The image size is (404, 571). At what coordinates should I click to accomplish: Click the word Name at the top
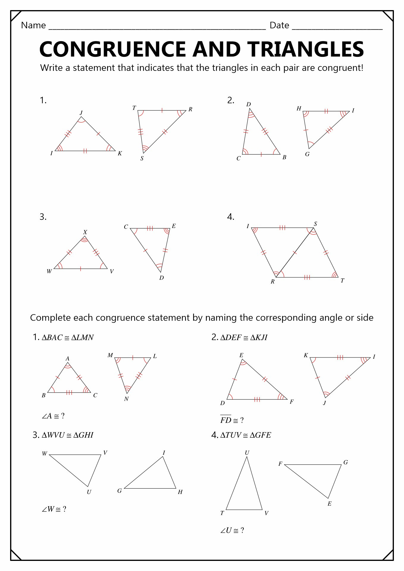33,26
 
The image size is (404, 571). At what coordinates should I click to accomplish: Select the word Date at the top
279,26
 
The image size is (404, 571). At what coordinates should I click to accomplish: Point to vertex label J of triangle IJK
81,113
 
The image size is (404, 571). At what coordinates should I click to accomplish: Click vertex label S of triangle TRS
142,159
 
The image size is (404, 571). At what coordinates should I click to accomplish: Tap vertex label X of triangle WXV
85,232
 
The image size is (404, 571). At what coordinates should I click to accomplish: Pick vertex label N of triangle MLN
126,399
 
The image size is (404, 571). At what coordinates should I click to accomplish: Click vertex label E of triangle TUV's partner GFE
329,503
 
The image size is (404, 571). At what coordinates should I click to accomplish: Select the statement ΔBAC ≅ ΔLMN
68,338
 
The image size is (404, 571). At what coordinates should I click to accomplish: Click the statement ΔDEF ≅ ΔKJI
244,338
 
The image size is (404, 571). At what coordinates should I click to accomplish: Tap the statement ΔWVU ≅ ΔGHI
68,435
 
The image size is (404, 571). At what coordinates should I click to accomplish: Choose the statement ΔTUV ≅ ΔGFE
245,435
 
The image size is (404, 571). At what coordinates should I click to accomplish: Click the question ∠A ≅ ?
53,416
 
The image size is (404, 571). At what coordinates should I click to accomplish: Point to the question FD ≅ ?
232,420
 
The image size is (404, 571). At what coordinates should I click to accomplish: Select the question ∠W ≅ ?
54,509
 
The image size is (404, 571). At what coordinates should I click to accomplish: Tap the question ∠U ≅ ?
232,530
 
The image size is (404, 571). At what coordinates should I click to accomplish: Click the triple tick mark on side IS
282,228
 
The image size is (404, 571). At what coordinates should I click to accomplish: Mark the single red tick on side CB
261,154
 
